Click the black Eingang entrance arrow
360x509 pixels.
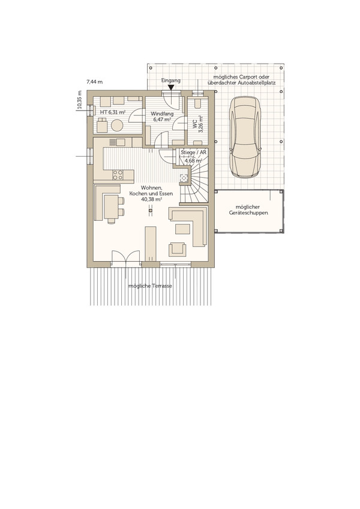(x=171, y=87)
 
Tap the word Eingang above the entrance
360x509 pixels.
(x=171, y=80)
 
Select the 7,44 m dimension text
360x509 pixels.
(x=94, y=82)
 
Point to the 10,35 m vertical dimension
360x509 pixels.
(x=80, y=100)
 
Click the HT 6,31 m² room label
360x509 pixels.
(x=113, y=112)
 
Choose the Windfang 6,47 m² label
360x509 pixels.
(x=162, y=117)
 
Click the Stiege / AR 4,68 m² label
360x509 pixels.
(x=193, y=156)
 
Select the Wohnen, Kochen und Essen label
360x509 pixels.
(x=151, y=194)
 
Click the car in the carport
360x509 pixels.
(x=245, y=137)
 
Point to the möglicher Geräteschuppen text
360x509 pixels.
(x=248, y=210)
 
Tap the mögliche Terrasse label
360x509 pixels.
(x=150, y=286)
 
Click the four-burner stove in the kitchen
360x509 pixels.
(x=118, y=175)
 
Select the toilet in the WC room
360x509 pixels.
(x=197, y=102)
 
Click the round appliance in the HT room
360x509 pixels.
(x=117, y=125)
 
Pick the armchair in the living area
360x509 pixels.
(x=178, y=249)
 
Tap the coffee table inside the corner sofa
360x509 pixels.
(x=182, y=229)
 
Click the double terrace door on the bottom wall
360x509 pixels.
(x=126, y=258)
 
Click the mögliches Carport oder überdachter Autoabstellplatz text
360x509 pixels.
(x=241, y=80)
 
